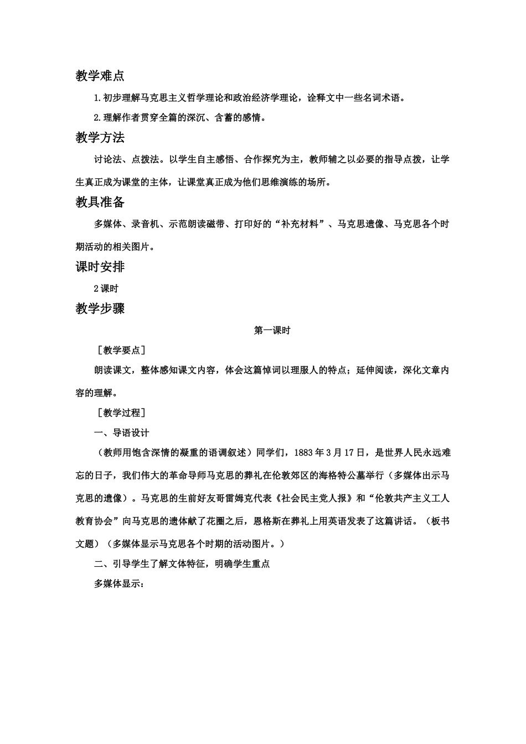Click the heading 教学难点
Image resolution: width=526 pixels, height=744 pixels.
point(100,76)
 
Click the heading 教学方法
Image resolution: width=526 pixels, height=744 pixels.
point(100,138)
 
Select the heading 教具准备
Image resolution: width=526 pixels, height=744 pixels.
point(100,202)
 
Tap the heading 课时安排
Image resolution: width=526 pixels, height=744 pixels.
point(100,267)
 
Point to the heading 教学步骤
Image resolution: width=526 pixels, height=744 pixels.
point(100,309)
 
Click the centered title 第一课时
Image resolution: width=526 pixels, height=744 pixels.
point(272,330)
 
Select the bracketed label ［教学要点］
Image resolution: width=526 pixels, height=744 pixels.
point(120,350)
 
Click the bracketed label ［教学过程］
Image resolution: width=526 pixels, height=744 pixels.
point(120,412)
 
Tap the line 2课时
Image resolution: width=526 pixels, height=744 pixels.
point(106,288)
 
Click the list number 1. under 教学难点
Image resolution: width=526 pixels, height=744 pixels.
point(98,98)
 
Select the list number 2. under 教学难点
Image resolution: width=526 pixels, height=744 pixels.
point(98,117)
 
